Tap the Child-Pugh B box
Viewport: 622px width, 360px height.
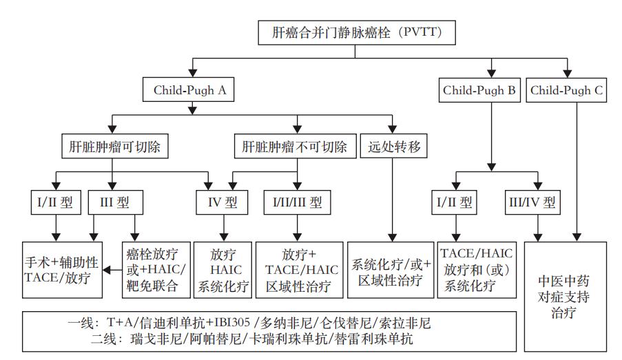click(x=479, y=89)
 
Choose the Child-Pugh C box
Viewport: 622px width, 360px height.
click(x=567, y=89)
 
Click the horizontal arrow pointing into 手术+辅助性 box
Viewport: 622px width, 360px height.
click(x=110, y=271)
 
